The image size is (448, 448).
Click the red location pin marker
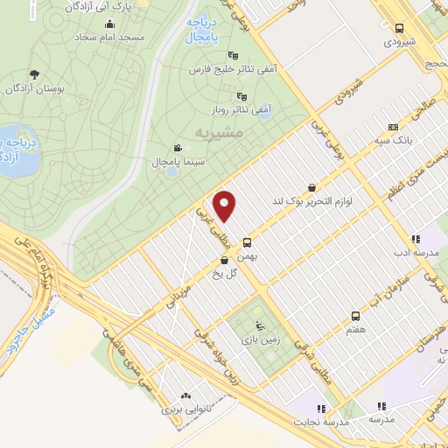tap(227, 206)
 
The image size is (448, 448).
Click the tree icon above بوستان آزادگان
tap(34, 74)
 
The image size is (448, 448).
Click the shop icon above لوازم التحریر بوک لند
tap(312, 186)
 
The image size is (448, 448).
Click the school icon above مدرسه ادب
tap(416, 238)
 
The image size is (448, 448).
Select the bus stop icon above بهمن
tap(248, 242)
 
